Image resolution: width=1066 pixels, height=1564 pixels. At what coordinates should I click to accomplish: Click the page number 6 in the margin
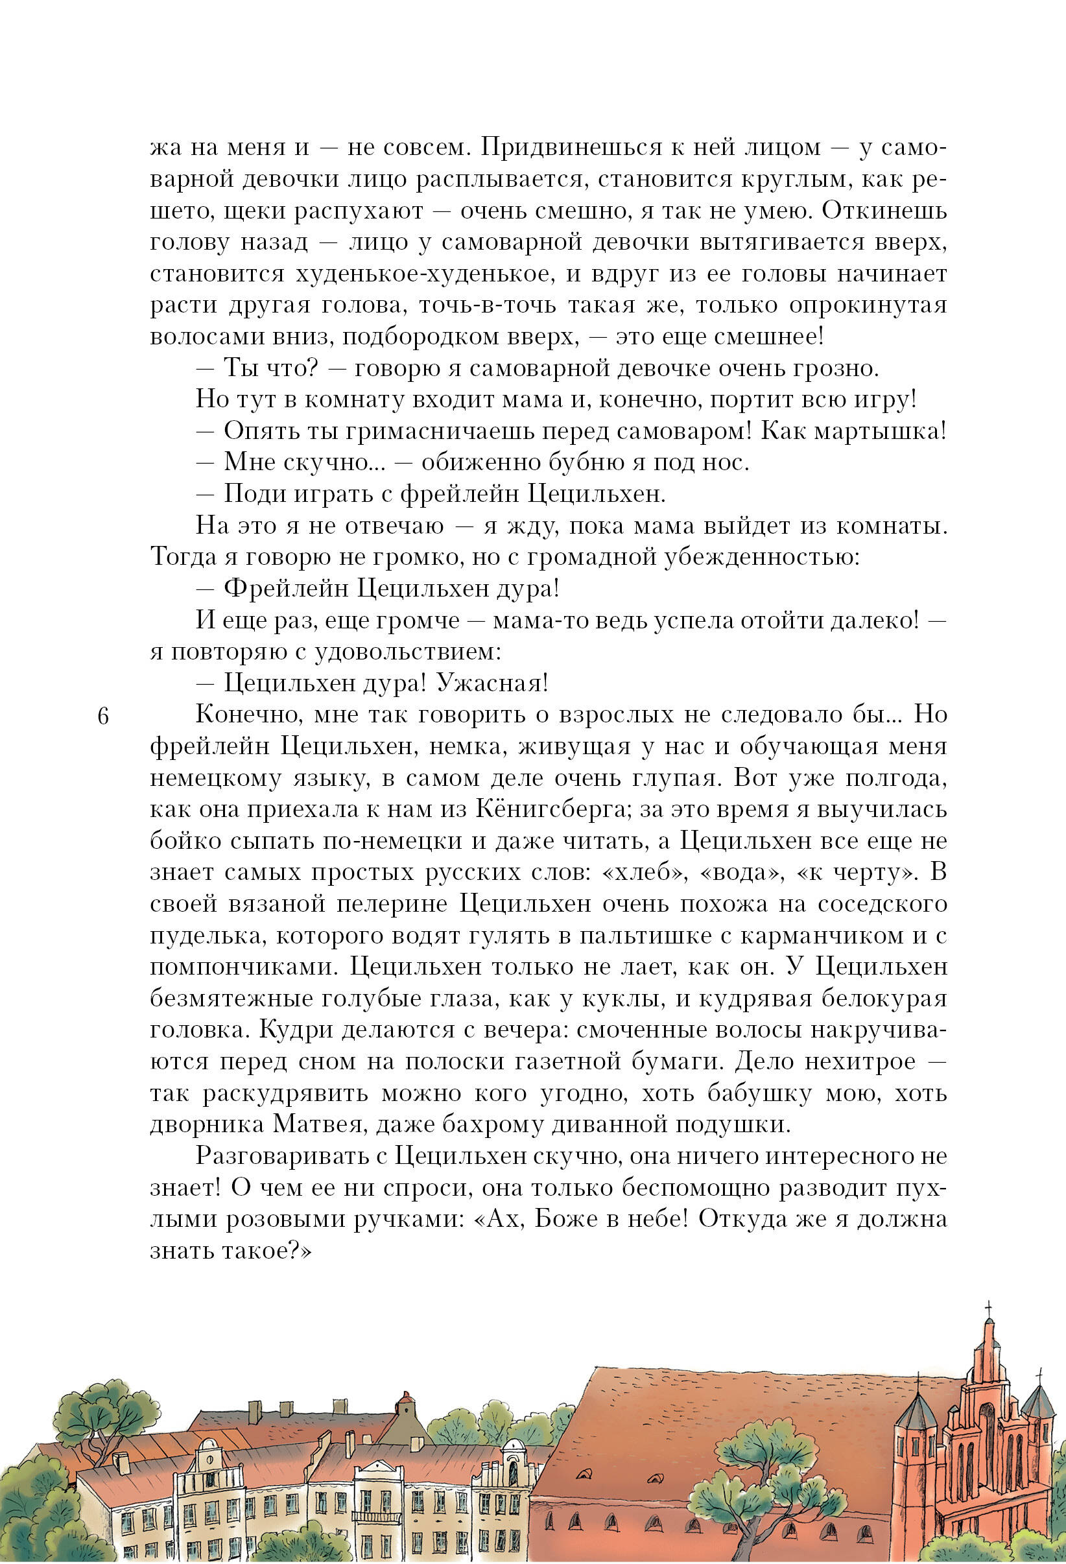pyautogui.click(x=102, y=716)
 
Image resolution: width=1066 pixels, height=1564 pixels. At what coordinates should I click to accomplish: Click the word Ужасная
pyautogui.click(x=492, y=683)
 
